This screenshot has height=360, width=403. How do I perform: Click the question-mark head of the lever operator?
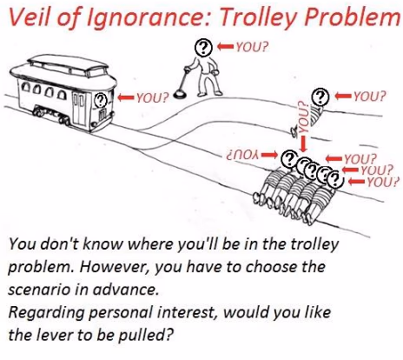203,47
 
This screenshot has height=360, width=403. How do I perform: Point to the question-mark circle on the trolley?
101,100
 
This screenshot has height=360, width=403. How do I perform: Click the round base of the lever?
180,95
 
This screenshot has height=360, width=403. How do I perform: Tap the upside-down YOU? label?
242,156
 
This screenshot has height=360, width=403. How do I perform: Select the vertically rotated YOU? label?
302,117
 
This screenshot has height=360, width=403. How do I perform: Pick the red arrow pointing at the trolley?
126,97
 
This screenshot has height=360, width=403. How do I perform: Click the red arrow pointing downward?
303,143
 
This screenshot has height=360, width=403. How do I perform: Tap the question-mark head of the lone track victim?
320,97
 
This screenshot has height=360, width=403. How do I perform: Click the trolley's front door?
78,110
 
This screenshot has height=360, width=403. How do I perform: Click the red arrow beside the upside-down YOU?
268,155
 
